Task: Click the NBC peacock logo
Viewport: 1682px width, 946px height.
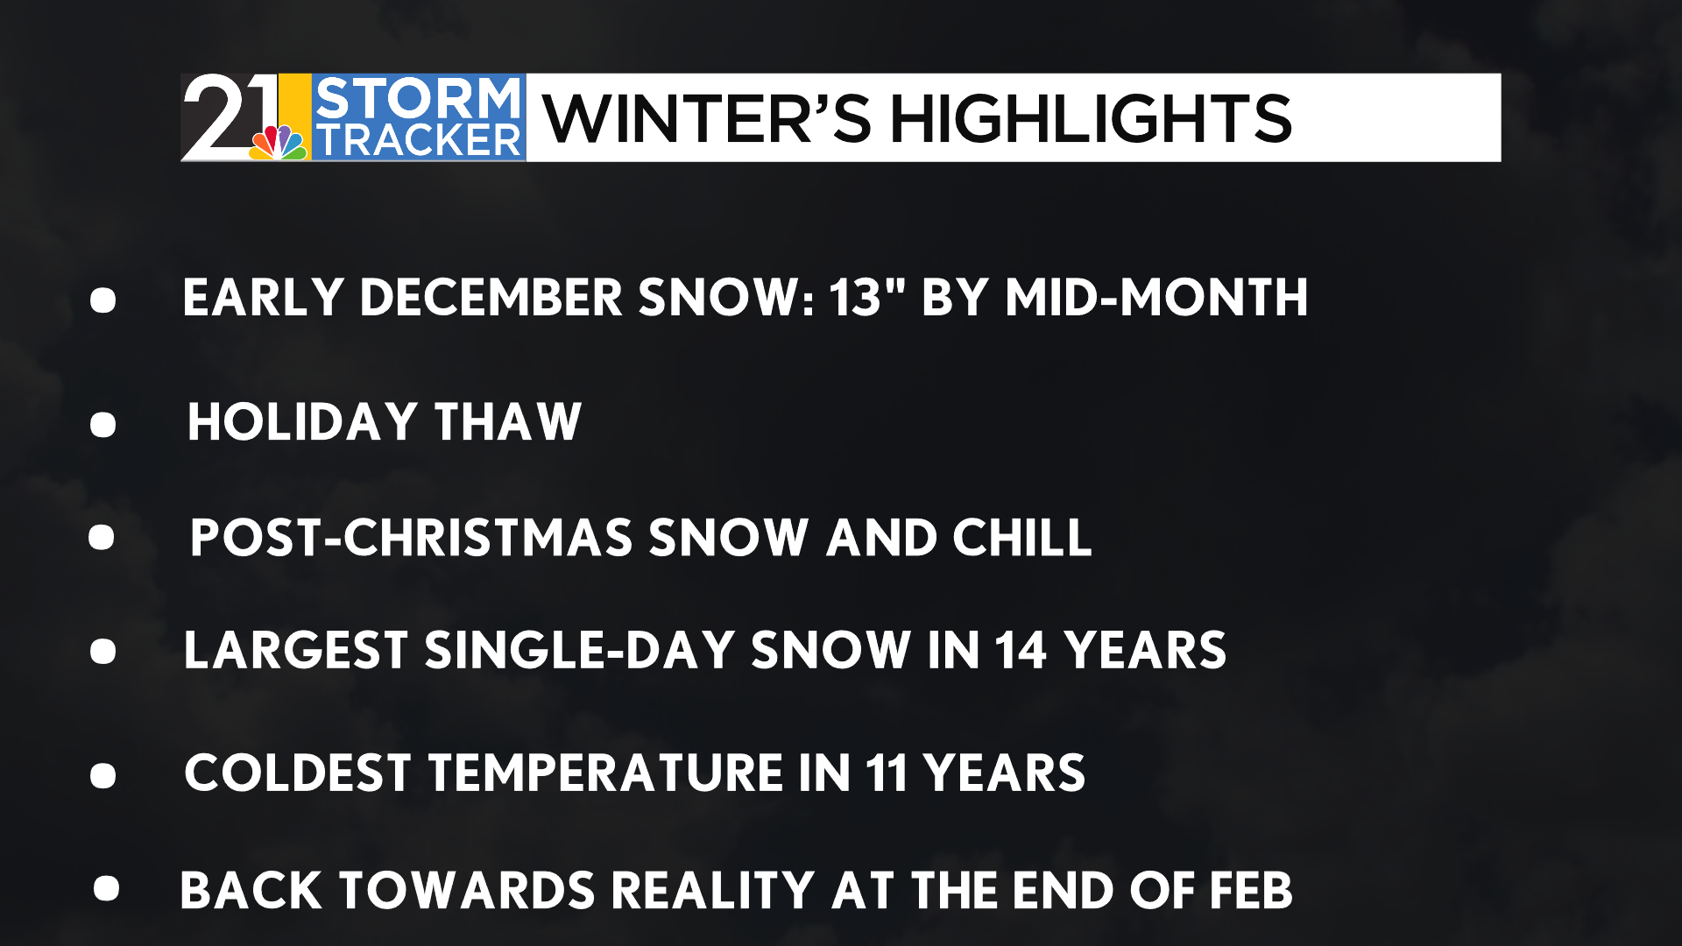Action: click(x=279, y=142)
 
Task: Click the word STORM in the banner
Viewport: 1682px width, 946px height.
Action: click(x=418, y=97)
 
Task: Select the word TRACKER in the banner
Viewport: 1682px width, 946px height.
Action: click(x=418, y=140)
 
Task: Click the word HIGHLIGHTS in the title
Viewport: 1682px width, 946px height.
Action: click(x=1091, y=119)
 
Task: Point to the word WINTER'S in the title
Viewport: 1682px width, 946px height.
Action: click(x=707, y=119)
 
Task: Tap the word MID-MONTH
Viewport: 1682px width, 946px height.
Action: click(x=1156, y=297)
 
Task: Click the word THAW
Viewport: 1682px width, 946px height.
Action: click(x=508, y=421)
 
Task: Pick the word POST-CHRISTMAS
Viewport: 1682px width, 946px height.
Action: click(x=411, y=537)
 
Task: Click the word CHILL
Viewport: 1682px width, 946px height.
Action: click(x=1022, y=537)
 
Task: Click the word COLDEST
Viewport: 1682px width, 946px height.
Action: click(x=298, y=773)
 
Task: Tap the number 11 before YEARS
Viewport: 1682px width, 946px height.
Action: click(x=887, y=773)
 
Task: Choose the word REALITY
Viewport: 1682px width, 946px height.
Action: click(x=713, y=891)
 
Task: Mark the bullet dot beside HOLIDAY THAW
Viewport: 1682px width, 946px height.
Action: click(x=102, y=425)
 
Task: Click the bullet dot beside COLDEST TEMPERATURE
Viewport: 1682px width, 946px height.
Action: click(x=102, y=776)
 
